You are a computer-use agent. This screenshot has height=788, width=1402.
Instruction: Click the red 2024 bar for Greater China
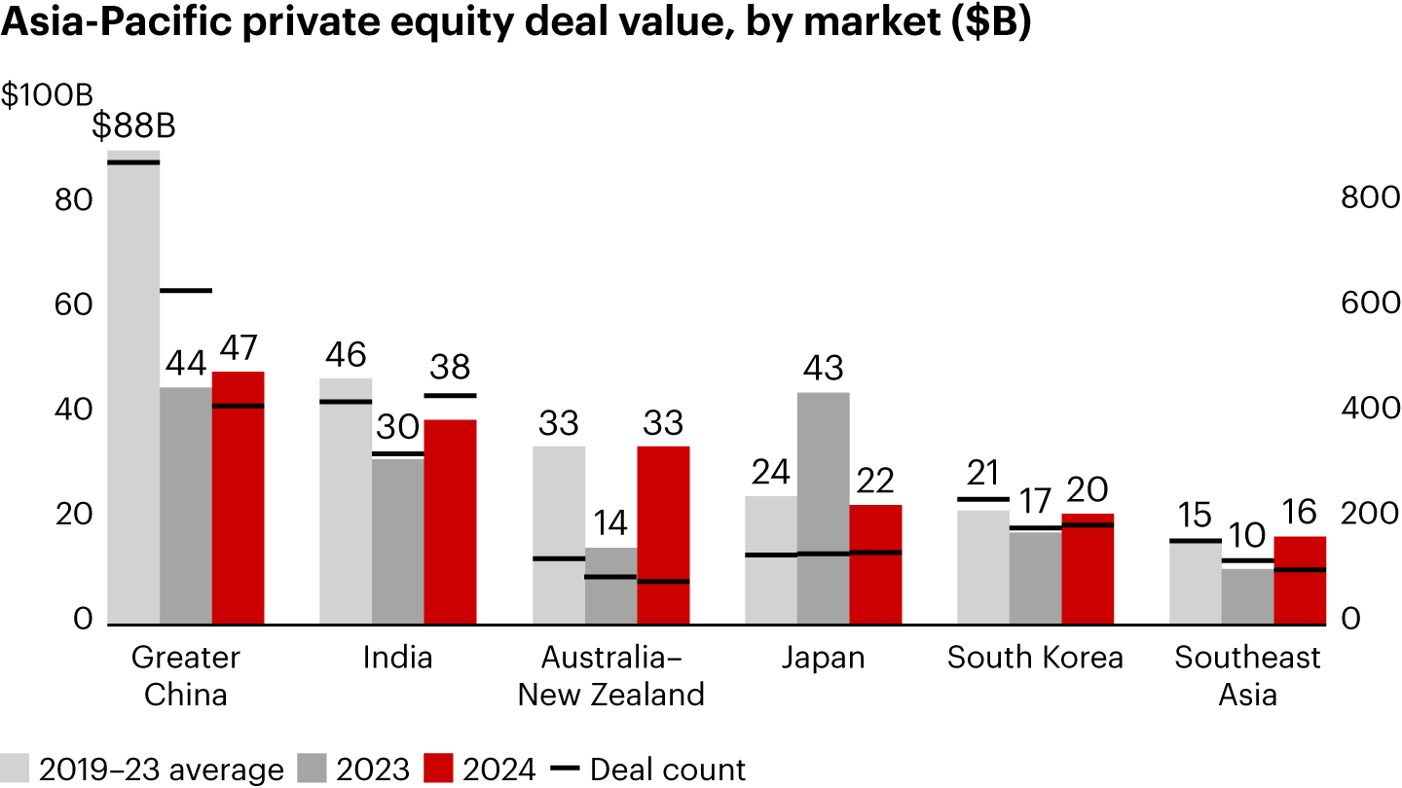pos(238,497)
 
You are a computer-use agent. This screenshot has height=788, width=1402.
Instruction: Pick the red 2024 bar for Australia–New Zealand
pos(663,535)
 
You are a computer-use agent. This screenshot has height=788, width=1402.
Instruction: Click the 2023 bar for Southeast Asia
pos(1247,595)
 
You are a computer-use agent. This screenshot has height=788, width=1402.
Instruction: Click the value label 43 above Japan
pos(823,370)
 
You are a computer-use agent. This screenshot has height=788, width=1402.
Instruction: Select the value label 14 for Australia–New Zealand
pos(610,524)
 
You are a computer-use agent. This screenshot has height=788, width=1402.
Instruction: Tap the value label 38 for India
pos(450,368)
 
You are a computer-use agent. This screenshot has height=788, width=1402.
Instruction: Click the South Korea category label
pos(1035,658)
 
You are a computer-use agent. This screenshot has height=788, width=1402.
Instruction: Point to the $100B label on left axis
pos(46,95)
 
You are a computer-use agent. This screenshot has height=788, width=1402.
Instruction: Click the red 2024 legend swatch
pos(442,769)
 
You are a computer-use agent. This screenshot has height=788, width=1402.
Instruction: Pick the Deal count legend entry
pos(648,770)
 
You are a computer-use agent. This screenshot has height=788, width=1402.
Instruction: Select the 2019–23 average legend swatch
pos(15,769)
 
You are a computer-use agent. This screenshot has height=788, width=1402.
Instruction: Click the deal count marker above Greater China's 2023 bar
pos(185,290)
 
